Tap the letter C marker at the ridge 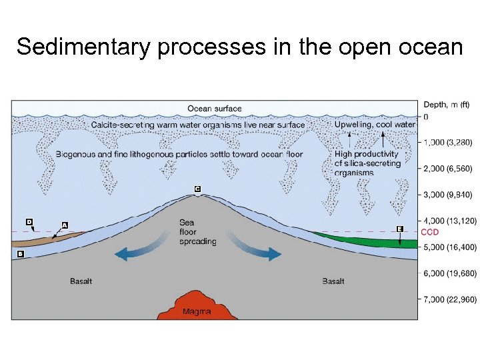pos(197,189)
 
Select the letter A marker pos(65,225)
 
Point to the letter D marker pos(29,221)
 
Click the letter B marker pos(20,254)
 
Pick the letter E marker pos(399,229)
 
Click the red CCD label pos(430,232)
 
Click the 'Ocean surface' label pos(215,109)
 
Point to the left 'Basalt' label pos(81,281)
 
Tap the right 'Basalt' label pos(333,281)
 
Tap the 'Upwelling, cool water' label pos(375,125)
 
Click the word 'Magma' pos(197,311)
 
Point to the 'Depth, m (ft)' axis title pos(446,104)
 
